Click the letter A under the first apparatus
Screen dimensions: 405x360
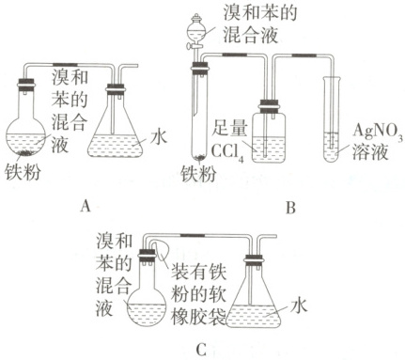point(86,207)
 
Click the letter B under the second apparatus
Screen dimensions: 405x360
point(291,208)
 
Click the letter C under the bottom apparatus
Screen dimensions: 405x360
point(201,350)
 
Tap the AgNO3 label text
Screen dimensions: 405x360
point(378,131)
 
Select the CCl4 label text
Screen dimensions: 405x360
point(227,152)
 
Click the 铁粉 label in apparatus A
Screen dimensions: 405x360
point(23,172)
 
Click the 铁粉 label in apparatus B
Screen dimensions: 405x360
point(199,173)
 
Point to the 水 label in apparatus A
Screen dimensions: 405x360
point(159,137)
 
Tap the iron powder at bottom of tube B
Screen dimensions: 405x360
point(199,158)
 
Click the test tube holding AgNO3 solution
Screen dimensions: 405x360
point(332,119)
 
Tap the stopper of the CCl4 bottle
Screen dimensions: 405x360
point(269,105)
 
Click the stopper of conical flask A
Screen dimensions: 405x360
point(116,88)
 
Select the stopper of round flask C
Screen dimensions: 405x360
point(147,255)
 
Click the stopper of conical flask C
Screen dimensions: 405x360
point(254,258)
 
